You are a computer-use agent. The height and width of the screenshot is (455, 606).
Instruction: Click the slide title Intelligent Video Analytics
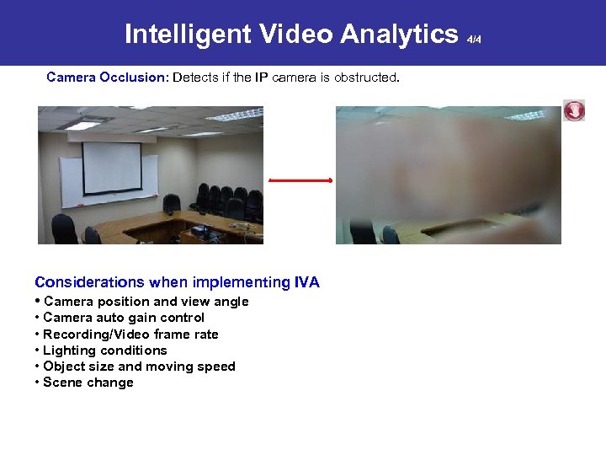tap(290, 34)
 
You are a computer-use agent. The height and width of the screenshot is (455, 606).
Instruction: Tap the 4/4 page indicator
tap(474, 39)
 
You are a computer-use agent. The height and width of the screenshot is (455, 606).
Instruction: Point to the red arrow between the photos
tap(300, 179)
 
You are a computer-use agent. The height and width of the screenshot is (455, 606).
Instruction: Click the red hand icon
tap(574, 110)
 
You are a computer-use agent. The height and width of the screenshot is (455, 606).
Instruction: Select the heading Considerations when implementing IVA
tap(177, 282)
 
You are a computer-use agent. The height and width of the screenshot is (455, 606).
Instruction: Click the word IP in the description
tap(263, 78)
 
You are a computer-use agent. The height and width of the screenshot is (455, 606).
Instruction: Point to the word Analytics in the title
tap(399, 34)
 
